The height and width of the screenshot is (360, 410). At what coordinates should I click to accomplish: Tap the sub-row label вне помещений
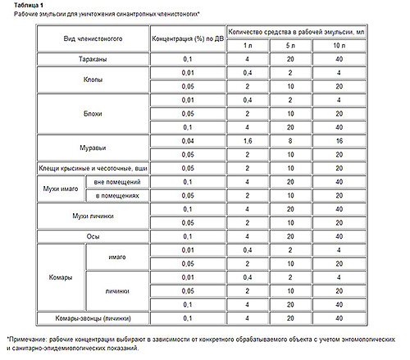112,181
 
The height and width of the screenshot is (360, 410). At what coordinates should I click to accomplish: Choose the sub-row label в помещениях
112,195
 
